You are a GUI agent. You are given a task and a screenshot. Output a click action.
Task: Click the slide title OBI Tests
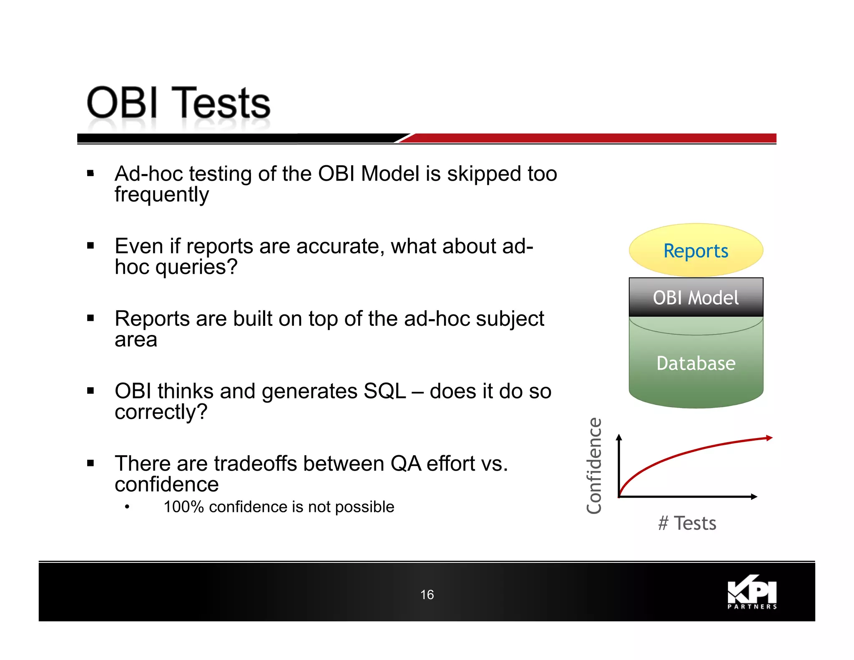pyautogui.click(x=178, y=103)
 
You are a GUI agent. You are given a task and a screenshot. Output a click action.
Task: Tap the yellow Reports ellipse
pyautogui.click(x=696, y=250)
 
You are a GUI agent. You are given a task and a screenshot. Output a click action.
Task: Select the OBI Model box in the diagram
pyautogui.click(x=696, y=297)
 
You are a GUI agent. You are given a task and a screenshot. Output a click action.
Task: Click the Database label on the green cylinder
pyautogui.click(x=696, y=363)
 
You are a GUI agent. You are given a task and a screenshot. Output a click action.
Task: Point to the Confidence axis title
pyautogui.click(x=594, y=466)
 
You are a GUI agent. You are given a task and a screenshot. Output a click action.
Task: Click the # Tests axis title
pyautogui.click(x=687, y=523)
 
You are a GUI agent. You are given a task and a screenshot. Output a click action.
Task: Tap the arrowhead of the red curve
pyautogui.click(x=769, y=438)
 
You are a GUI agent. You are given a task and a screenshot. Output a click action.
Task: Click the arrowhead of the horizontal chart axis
pyautogui.click(x=754, y=496)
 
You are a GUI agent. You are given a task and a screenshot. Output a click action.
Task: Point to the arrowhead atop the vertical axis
pyautogui.click(x=619, y=437)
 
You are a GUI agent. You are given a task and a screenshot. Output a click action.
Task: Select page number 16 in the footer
pyautogui.click(x=427, y=595)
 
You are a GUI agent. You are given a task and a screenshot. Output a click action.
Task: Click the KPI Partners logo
pyautogui.click(x=752, y=592)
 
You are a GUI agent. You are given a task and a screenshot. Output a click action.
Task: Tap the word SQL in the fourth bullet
pyautogui.click(x=384, y=391)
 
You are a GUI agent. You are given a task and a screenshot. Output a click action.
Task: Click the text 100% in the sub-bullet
pyautogui.click(x=183, y=507)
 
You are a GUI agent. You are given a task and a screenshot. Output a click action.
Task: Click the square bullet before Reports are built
pyautogui.click(x=90, y=318)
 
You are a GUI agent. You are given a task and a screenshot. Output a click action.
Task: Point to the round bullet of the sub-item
pyautogui.click(x=127, y=507)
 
